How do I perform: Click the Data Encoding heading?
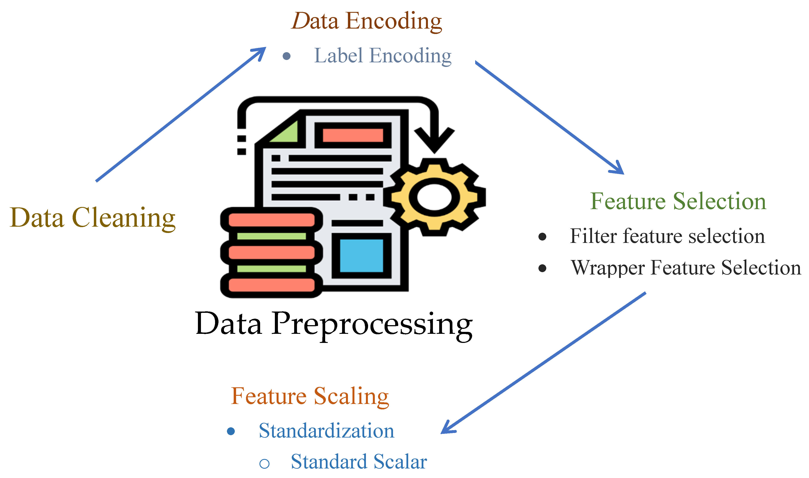pyautogui.click(x=366, y=21)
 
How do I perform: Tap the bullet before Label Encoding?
pyautogui.click(x=286, y=56)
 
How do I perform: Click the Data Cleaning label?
pyautogui.click(x=93, y=218)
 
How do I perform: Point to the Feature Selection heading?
pyautogui.click(x=678, y=201)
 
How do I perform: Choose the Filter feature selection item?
pyautogui.click(x=667, y=236)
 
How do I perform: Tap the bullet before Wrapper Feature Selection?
pyautogui.click(x=542, y=268)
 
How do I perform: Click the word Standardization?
pyautogui.click(x=326, y=431)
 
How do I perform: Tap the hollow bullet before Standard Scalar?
pyautogui.click(x=264, y=463)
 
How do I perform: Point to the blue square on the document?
pyautogui.click(x=361, y=256)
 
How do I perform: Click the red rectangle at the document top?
pyautogui.click(x=353, y=135)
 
